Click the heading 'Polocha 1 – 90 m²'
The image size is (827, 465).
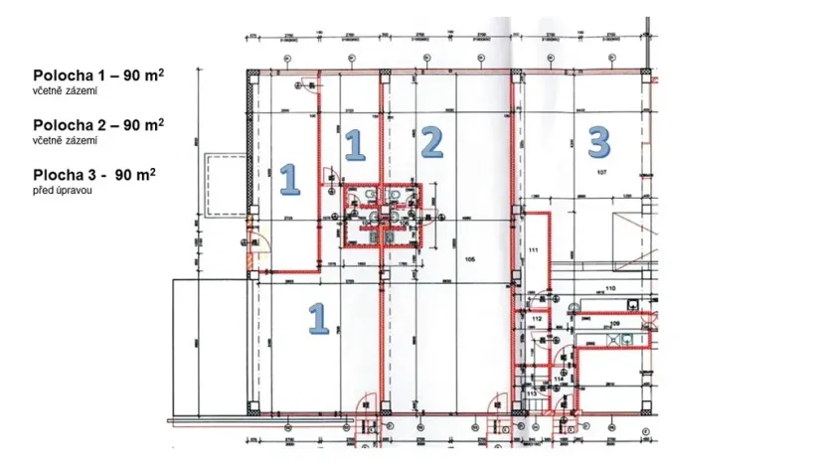[98, 77]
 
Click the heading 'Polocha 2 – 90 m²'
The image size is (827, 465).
[98, 125]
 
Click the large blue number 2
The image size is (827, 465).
[429, 143]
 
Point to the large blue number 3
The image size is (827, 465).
[598, 142]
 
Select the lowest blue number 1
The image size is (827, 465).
[317, 318]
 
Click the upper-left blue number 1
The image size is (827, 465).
[289, 179]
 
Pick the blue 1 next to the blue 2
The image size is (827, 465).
[354, 146]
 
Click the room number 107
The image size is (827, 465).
[601, 173]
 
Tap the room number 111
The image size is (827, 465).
[533, 248]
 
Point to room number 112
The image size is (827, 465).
[536, 319]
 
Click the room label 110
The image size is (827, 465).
[610, 288]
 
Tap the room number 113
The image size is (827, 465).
[531, 393]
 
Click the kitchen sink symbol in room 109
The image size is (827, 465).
[625, 339]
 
